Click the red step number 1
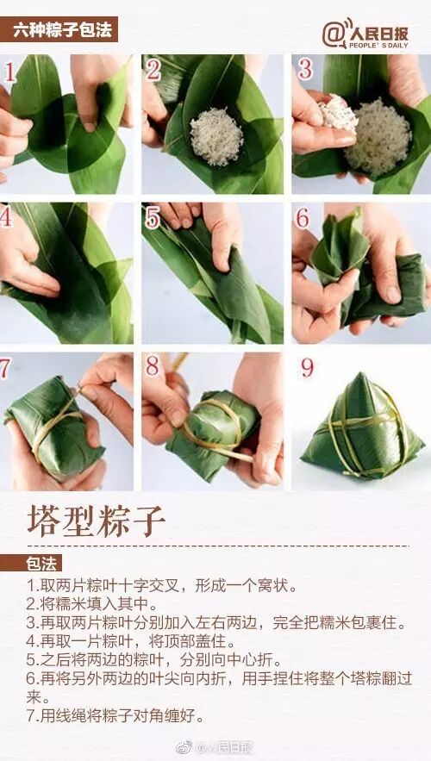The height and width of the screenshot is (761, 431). pyautogui.click(x=9, y=72)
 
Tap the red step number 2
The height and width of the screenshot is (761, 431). pyautogui.click(x=153, y=71)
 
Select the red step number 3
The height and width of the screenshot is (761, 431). pyautogui.click(x=305, y=70)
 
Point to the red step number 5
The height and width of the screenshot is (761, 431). pyautogui.click(x=153, y=219)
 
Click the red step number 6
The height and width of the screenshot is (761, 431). pyautogui.click(x=302, y=218)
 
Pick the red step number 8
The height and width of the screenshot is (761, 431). pyautogui.click(x=153, y=366)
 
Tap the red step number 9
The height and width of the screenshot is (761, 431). pyautogui.click(x=307, y=368)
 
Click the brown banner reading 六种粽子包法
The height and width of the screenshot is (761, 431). pyautogui.click(x=59, y=29)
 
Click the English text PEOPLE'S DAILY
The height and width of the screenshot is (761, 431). pyautogui.click(x=378, y=46)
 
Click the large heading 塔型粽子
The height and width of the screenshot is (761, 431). pyautogui.click(x=97, y=521)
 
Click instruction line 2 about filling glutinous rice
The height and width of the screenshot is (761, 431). pyautogui.click(x=92, y=604)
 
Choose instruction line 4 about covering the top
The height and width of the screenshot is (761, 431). pyautogui.click(x=131, y=641)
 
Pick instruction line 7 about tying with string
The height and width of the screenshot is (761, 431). pyautogui.click(x=116, y=715)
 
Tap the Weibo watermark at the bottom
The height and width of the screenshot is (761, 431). pyautogui.click(x=215, y=746)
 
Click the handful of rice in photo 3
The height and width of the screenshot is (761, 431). pyautogui.click(x=338, y=113)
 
